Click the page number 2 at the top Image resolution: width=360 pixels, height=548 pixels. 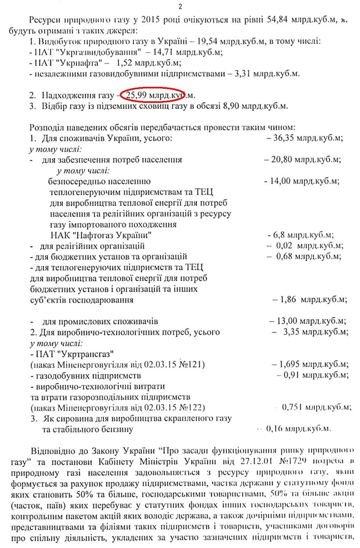[180, 6]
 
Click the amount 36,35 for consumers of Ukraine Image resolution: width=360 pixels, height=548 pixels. [281, 137]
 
